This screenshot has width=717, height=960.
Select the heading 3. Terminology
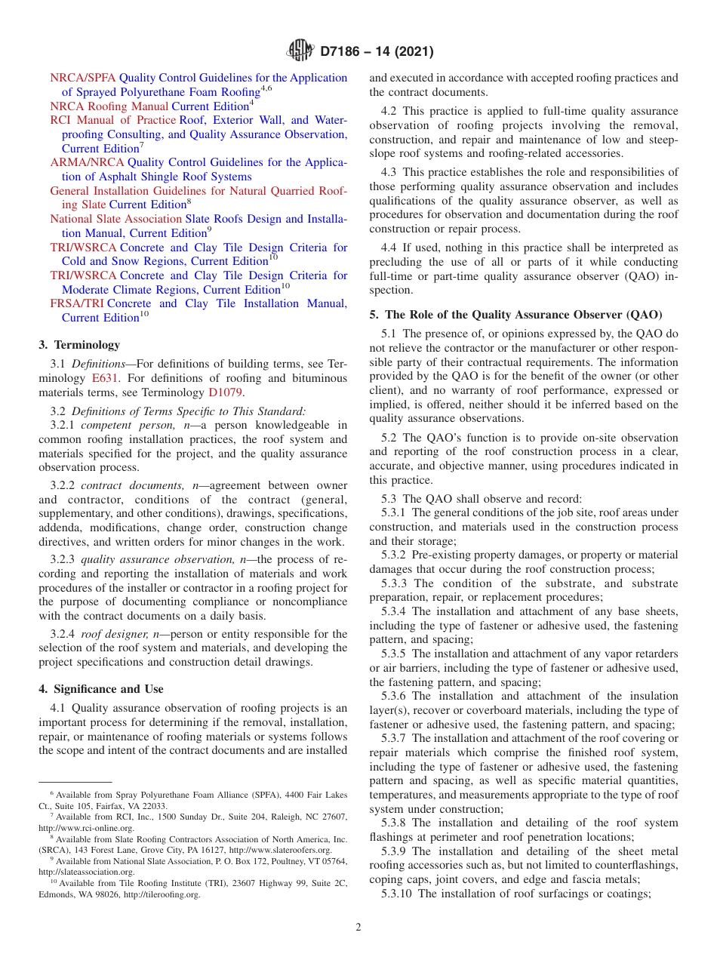79,345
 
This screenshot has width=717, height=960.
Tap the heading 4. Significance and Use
100,689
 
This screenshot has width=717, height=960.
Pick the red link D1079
226,392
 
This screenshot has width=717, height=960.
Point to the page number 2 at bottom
358,928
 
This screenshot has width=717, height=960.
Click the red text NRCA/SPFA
83,78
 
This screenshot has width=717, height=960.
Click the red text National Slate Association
116,219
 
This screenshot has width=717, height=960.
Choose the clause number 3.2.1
63,426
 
